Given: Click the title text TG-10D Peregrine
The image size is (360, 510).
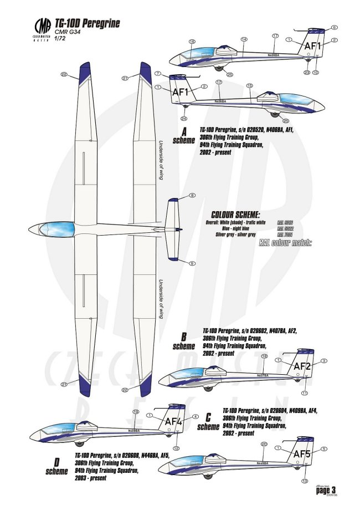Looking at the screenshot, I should tap(87, 24).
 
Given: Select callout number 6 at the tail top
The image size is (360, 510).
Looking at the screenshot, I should tap(334, 27).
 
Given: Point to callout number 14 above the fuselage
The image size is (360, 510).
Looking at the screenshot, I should tap(244, 39).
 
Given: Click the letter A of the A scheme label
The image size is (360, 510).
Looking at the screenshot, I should tap(184, 131).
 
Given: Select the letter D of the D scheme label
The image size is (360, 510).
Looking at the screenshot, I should tap(56, 462).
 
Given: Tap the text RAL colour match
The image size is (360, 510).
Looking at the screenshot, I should tap(286, 242).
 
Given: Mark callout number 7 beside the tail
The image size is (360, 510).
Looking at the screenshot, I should tap(158, 74).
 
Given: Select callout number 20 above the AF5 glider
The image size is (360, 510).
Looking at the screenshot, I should tap(264, 444).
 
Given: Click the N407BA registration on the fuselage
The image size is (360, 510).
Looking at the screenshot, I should tap(263, 375).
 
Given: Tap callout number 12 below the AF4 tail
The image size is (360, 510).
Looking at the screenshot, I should tap(176, 448).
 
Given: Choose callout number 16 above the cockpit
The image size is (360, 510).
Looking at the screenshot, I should tap(192, 42).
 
